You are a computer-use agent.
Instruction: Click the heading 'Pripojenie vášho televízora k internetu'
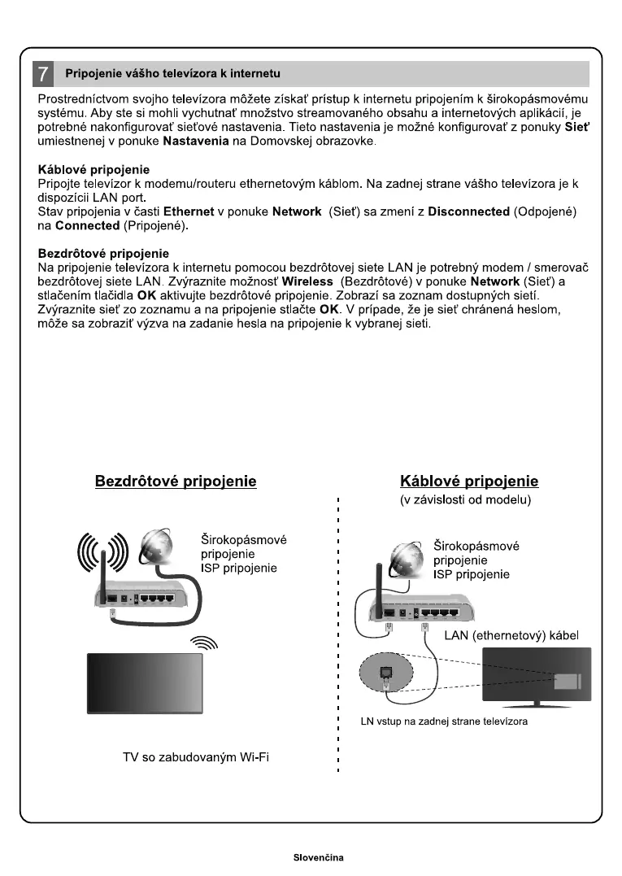[172, 74]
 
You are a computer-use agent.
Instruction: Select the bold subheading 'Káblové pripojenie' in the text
[94, 170]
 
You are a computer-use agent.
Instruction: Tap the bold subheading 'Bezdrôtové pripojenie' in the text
[103, 254]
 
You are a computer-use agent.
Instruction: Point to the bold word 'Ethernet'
[189, 211]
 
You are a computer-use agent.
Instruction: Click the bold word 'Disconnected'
[468, 211]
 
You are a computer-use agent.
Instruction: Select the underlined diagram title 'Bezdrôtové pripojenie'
[176, 481]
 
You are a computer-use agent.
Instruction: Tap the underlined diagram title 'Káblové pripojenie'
[469, 481]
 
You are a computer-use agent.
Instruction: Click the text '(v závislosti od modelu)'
[465, 500]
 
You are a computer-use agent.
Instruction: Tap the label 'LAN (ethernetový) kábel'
[511, 634]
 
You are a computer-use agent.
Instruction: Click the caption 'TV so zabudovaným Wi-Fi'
[196, 758]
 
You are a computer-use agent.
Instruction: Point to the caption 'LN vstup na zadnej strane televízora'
[444, 721]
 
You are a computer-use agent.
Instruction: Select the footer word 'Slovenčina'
[319, 858]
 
